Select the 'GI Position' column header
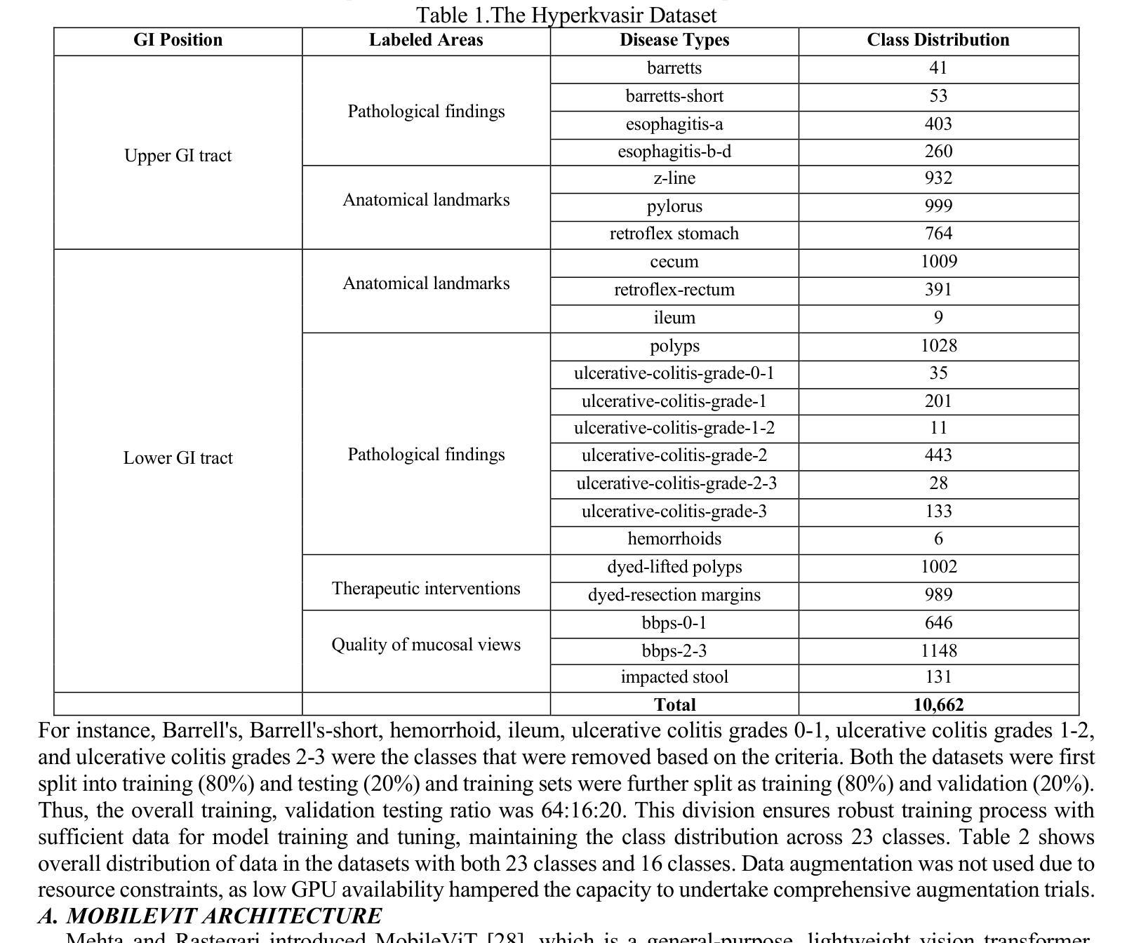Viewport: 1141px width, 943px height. tap(178, 40)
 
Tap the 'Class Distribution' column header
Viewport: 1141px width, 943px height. tap(938, 40)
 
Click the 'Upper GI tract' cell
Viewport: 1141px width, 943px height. tap(178, 156)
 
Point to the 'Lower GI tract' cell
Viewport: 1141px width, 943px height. tap(178, 458)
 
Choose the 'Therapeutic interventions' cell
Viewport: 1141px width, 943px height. tap(426, 589)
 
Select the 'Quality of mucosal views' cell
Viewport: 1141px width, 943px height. tap(426, 645)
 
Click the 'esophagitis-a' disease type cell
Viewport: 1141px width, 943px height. tap(674, 124)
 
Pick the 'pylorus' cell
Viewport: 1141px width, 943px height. tap(674, 206)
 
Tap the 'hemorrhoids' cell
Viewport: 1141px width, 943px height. tap(674, 539)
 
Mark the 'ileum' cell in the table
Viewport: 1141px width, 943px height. tap(674, 318)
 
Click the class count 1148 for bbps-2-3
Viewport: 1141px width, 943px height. tap(938, 651)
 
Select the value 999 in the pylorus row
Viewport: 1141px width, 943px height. tap(938, 206)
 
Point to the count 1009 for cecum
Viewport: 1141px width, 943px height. tap(938, 262)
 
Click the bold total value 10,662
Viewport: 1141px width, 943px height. tap(938, 705)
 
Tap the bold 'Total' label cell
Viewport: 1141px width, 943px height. tap(674, 705)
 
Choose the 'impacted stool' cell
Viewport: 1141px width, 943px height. tap(674, 677)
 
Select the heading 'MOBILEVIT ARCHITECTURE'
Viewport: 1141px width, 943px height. tap(224, 916)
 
